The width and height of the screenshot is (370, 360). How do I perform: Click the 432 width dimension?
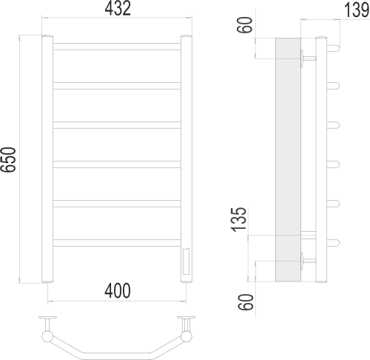click(118, 10)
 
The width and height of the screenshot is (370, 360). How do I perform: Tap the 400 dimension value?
click(116, 291)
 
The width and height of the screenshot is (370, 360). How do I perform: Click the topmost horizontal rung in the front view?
click(117, 47)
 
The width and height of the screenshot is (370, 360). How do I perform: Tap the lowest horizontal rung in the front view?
click(117, 241)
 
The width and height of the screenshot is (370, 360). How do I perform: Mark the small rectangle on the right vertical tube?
click(185, 261)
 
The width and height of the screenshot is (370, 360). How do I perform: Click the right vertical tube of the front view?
click(186, 148)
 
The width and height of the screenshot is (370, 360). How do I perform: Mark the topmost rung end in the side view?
click(334, 46)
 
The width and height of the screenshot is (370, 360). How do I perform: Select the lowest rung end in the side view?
click(334, 241)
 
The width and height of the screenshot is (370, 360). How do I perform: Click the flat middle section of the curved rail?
click(117, 351)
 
